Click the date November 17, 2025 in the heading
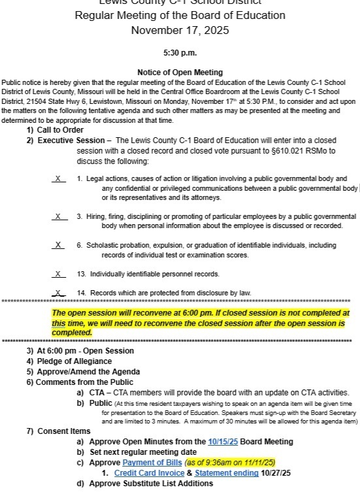180,30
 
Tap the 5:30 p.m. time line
180,53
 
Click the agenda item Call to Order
65,130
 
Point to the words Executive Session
71,141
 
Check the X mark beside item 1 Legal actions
58,178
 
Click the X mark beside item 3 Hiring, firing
58,216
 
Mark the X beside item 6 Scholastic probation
58,245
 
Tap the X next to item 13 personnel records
58,274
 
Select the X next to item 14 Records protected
58,292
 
